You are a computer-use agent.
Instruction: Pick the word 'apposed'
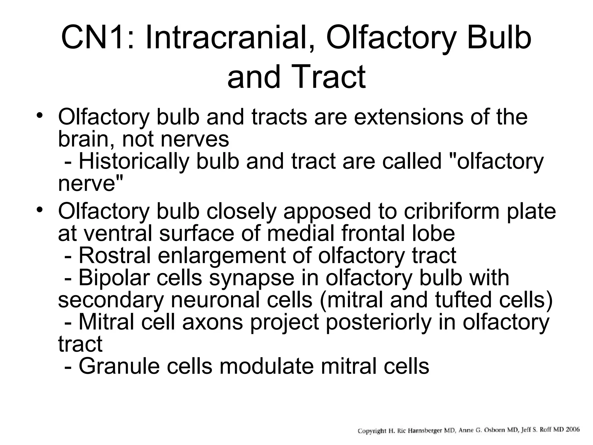[327, 211]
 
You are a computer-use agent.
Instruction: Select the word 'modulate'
[267, 366]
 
